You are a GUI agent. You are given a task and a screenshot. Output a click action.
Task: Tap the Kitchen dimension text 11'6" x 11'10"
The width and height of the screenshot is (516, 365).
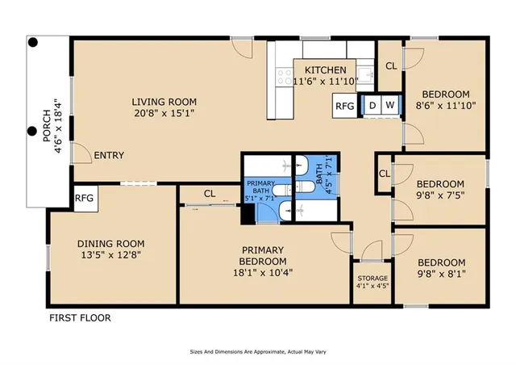pos(325,81)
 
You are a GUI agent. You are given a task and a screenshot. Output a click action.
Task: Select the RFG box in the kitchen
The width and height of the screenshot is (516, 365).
pos(344,106)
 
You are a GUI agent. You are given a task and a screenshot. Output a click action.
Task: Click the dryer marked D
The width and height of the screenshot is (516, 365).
pos(372,105)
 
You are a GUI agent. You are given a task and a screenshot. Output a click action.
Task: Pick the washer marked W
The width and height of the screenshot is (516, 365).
pos(389,105)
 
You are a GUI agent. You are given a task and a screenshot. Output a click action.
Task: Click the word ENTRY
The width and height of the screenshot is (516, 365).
pos(109,155)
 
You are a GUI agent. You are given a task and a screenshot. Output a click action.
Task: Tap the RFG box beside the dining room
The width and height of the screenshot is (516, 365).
pos(84,197)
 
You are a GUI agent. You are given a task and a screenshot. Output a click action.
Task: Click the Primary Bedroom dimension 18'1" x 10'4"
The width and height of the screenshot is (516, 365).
pos(263,272)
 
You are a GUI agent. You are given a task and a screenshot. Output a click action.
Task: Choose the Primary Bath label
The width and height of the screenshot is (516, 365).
pos(260,189)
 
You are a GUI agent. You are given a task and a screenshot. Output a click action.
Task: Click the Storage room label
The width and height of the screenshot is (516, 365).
pos(372,279)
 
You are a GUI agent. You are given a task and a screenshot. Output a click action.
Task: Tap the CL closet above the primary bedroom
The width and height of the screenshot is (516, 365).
pos(210,194)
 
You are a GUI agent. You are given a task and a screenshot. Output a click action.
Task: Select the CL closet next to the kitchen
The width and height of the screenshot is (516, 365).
pos(390,66)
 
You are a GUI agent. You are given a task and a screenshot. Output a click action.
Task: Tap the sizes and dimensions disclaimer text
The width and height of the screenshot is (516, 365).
pos(257,352)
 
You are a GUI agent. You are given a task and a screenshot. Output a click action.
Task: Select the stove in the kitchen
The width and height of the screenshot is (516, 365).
pos(285,77)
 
